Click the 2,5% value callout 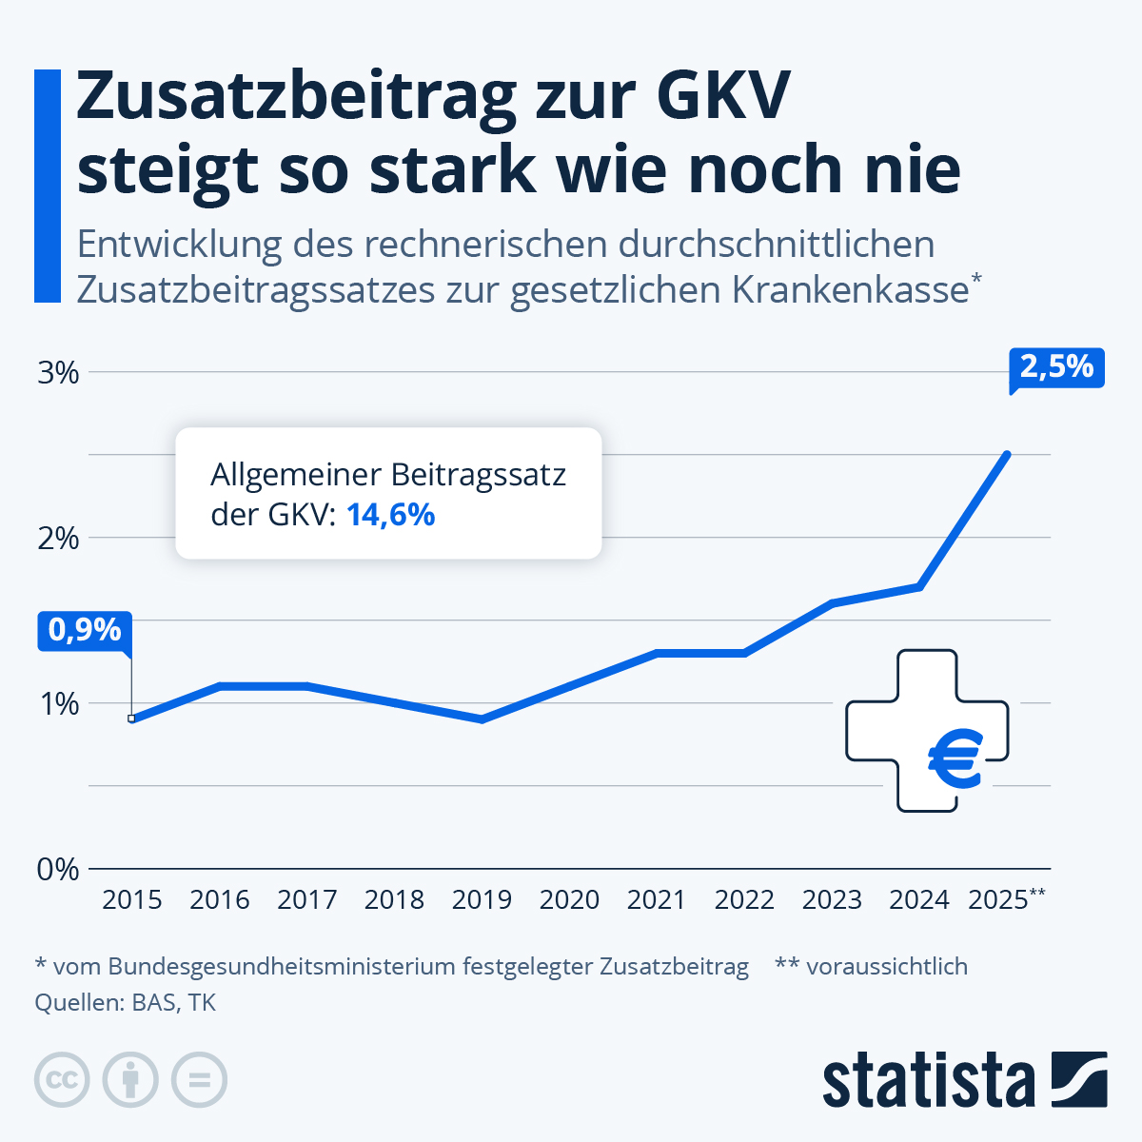[1055, 367]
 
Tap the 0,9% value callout [85, 631]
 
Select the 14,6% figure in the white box [390, 515]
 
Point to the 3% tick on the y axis [58, 372]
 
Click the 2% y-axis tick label [58, 538]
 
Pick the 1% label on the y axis [58, 703]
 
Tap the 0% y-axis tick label [58, 869]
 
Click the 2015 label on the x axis [131, 899]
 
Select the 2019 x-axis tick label [482, 899]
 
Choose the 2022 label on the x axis [744, 899]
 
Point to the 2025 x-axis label [998, 899]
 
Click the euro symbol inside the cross [954, 760]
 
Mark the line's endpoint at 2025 [1007, 455]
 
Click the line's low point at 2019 [482, 719]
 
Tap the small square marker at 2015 [131, 719]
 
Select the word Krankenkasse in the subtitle [850, 290]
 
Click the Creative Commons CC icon [62, 1080]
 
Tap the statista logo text [928, 1080]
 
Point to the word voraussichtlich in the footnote [886, 967]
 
